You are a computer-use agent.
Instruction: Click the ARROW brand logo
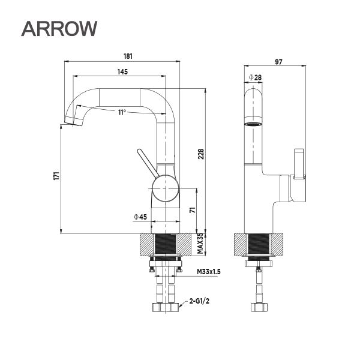click(58, 28)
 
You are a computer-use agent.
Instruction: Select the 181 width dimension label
click(127, 56)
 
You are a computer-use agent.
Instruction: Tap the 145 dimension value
click(122, 72)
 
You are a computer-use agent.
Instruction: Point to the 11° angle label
click(122, 112)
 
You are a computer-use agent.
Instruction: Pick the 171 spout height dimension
click(56, 176)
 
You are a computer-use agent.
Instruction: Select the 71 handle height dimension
click(193, 210)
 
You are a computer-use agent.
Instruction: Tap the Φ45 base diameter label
click(141, 217)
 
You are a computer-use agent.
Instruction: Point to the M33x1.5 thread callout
click(209, 272)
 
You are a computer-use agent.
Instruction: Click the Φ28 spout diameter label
click(254, 77)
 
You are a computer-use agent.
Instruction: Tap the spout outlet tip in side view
click(72, 122)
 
